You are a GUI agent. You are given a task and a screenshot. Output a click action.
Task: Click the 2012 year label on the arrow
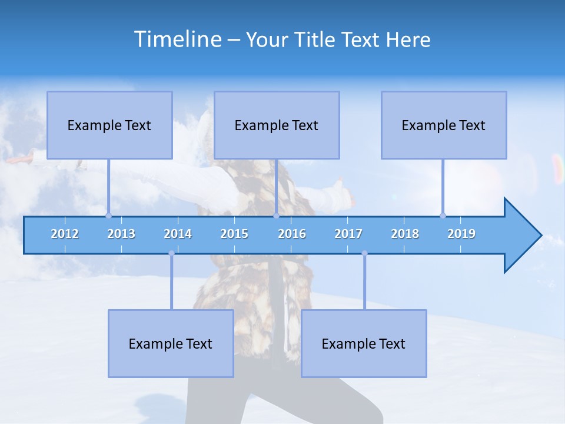(65, 234)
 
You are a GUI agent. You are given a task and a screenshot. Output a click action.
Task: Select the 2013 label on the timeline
(121, 234)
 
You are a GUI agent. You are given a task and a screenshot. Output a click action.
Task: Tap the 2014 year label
(178, 234)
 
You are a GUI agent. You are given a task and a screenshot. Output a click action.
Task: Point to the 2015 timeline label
(234, 234)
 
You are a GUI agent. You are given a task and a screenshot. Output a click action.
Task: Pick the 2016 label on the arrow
(292, 234)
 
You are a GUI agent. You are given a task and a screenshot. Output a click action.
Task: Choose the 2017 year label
(348, 234)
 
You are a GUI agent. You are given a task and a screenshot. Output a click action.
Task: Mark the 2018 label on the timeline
(405, 234)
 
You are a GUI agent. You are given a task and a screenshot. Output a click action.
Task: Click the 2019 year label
(461, 234)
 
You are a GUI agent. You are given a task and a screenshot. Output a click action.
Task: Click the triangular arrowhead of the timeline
(521, 236)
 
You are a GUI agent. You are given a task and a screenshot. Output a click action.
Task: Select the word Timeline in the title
(178, 39)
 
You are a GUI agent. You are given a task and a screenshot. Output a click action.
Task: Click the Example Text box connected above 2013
(109, 125)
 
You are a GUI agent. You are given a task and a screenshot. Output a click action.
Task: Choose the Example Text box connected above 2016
(277, 125)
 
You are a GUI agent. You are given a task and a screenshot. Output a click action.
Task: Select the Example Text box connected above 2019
(444, 125)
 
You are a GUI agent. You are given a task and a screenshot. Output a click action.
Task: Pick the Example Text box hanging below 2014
(171, 344)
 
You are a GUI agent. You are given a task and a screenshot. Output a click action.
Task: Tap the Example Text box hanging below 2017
(364, 344)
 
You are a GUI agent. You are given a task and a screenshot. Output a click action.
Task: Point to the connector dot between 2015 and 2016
(276, 216)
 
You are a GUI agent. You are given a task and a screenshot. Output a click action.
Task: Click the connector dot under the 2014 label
(171, 253)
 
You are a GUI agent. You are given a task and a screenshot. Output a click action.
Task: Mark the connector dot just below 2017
(364, 253)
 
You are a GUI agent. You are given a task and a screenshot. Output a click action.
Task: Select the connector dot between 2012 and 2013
(108, 216)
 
